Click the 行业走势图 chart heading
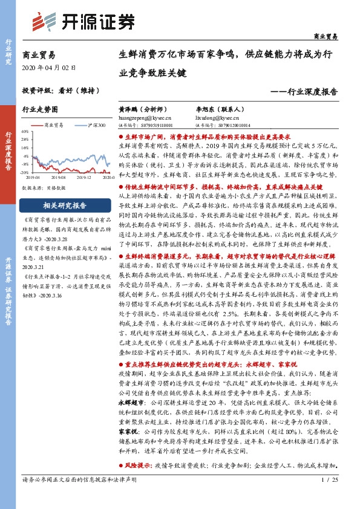(x=39, y=109)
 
